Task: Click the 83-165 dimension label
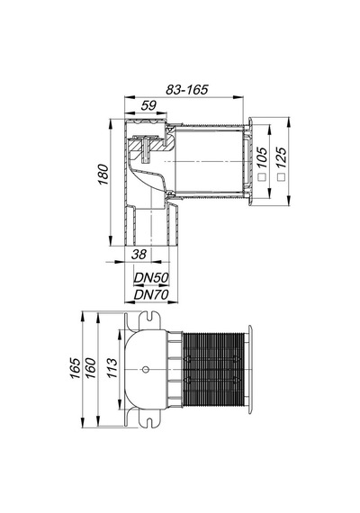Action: click(x=187, y=89)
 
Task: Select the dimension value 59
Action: click(x=148, y=105)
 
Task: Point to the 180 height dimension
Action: click(x=103, y=175)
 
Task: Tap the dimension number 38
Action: click(x=139, y=254)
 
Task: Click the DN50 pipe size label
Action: click(x=151, y=278)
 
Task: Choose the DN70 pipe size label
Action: click(x=151, y=295)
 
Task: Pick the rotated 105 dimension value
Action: click(x=262, y=157)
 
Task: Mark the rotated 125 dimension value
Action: click(x=281, y=157)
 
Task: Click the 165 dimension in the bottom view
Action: click(x=76, y=368)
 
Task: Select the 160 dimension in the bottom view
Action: click(x=91, y=368)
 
